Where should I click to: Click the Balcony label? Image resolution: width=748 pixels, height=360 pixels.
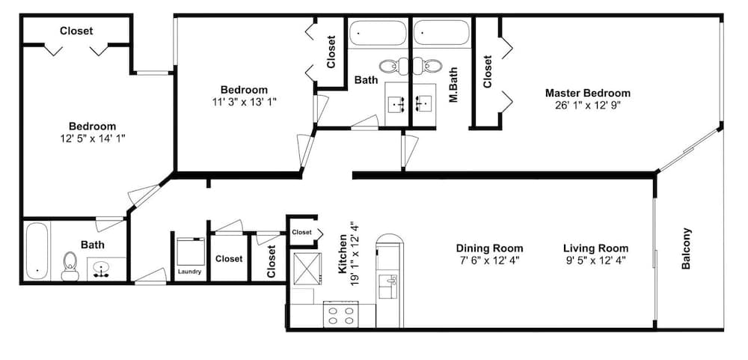click(687, 248)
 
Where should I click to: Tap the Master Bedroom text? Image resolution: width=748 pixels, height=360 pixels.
click(587, 94)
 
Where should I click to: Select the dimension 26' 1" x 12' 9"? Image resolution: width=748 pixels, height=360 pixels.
click(587, 106)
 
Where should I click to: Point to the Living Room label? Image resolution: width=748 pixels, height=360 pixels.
click(595, 248)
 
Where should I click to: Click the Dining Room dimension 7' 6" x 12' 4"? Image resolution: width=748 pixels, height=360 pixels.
click(489, 260)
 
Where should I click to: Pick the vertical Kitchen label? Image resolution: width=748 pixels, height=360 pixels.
click(343, 259)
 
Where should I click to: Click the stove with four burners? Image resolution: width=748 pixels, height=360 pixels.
click(340, 315)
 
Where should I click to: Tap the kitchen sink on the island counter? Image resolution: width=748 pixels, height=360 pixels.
click(388, 286)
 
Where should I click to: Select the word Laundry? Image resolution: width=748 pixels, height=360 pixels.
click(189, 272)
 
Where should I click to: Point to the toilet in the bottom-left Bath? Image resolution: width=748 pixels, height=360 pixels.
click(70, 265)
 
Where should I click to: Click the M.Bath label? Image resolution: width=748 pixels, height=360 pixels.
click(453, 86)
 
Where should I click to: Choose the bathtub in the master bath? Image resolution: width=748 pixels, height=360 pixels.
click(441, 34)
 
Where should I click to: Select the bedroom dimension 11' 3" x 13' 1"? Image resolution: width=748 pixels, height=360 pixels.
click(244, 102)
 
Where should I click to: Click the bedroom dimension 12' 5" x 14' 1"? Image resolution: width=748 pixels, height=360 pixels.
click(93, 138)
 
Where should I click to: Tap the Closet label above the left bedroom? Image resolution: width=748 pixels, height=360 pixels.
click(76, 31)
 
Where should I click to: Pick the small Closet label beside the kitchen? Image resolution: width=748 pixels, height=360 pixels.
click(301, 232)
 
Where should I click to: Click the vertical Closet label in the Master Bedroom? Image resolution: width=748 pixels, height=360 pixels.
click(488, 72)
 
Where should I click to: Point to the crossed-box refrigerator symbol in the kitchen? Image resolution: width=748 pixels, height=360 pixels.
click(307, 267)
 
